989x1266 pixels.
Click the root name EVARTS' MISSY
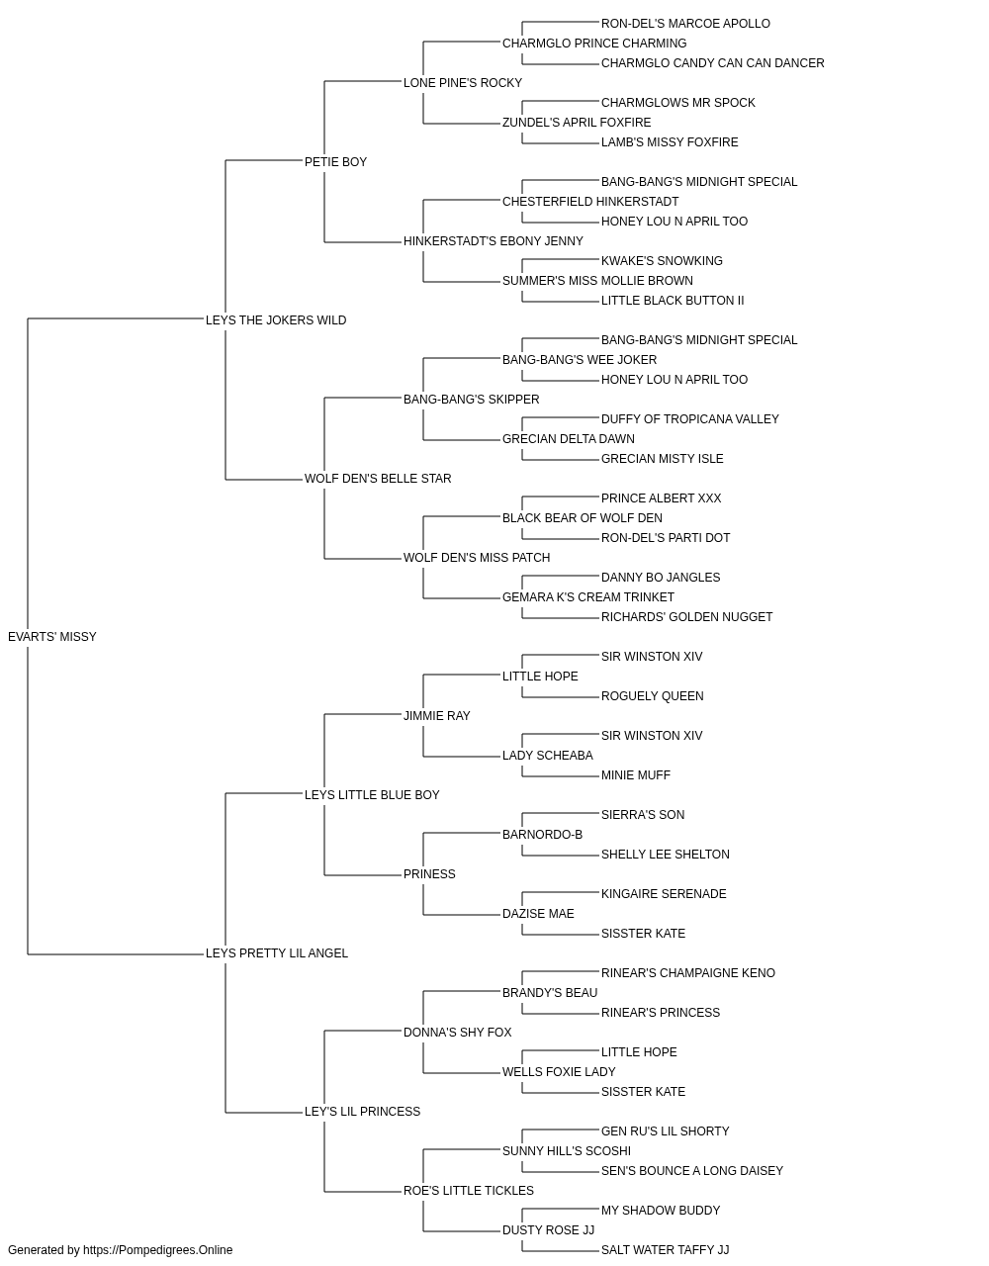pos(51,637)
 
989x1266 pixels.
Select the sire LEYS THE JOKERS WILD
pos(276,320)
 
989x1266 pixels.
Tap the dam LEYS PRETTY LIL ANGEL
pos(277,953)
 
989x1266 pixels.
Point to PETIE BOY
pos(335,162)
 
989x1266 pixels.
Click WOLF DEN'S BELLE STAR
pos(378,479)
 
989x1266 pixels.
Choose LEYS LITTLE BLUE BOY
pos(372,795)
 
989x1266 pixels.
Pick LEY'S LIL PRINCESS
pos(362,1112)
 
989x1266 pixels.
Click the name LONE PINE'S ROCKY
pos(463,83)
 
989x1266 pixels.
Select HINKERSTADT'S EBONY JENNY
pos(493,241)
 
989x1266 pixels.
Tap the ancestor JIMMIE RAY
pos(436,716)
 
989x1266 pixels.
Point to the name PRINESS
pos(429,874)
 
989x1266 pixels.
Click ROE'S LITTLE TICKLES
pos(468,1191)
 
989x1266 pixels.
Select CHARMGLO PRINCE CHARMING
pos(594,44)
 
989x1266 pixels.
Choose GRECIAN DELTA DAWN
pos(568,439)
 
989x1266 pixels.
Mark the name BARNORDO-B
pos(542,835)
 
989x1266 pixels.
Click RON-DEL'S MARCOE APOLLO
pos(685,24)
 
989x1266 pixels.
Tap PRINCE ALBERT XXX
pos(661,498)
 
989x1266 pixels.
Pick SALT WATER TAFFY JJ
pos(665,1250)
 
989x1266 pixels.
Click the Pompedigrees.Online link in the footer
pos(157,1250)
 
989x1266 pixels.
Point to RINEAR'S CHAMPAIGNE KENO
pos(688,973)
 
